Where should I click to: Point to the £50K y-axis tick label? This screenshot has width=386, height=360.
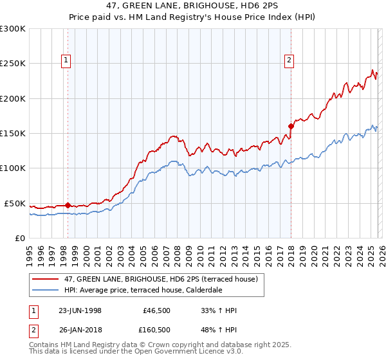[x=15, y=203]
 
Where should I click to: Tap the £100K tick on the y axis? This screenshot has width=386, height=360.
[x=13, y=168]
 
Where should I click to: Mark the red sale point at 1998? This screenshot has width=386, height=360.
[x=68, y=206]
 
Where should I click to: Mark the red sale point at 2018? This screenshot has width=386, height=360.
[x=291, y=126]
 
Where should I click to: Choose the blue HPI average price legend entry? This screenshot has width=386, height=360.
[x=142, y=290]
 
